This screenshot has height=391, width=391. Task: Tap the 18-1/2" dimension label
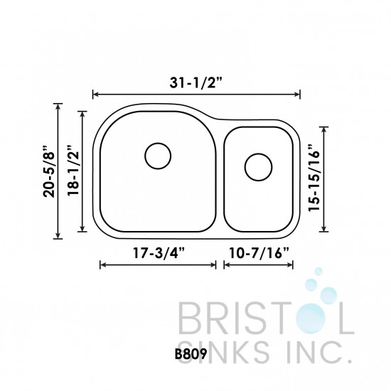[72, 169]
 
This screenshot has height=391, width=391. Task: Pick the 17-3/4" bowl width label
[158, 252]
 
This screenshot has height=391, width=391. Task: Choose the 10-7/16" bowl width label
[258, 252]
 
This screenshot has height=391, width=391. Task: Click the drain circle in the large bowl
[158, 155]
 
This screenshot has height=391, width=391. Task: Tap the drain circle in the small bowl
[257, 168]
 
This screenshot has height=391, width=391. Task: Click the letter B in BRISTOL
[189, 317]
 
